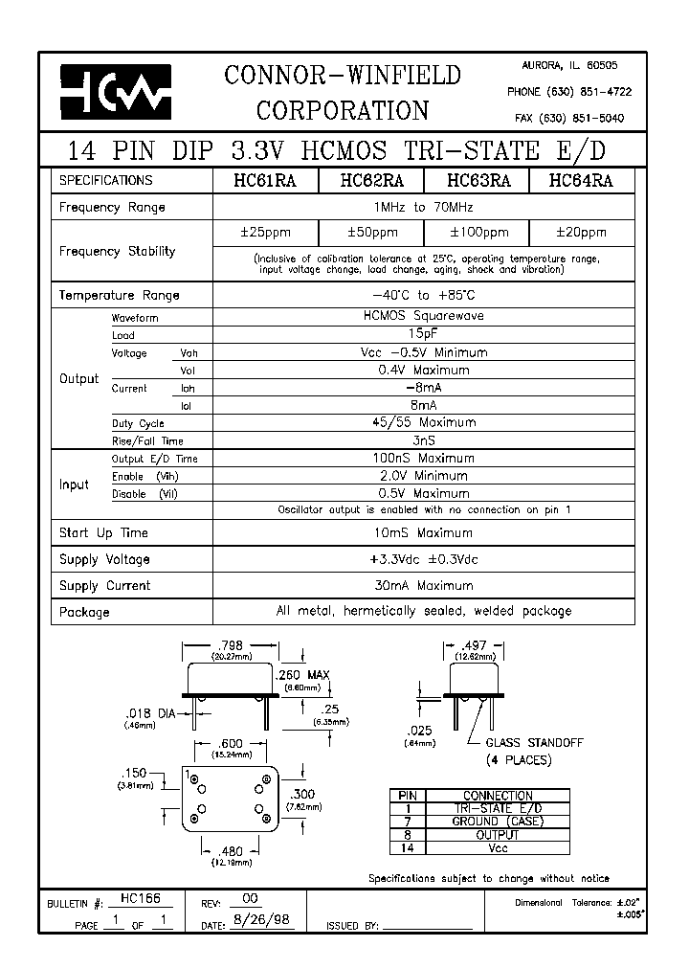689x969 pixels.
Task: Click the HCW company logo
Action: coord(116,93)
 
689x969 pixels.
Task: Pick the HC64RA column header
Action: coord(582,180)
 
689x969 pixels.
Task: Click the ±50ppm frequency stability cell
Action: coord(371,233)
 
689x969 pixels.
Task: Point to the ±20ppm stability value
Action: coord(582,233)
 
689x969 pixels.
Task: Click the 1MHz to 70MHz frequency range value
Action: coord(424,207)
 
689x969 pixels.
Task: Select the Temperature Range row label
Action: coord(119,296)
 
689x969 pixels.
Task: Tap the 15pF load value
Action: coord(424,335)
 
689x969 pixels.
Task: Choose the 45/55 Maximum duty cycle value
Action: coord(424,422)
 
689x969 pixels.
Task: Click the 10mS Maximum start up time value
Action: coord(424,533)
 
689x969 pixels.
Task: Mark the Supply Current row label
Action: coord(104,586)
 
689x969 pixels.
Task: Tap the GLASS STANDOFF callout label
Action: coord(534,743)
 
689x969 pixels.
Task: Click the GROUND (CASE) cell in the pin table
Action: coord(497,822)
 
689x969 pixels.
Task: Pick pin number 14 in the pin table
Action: coord(409,848)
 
